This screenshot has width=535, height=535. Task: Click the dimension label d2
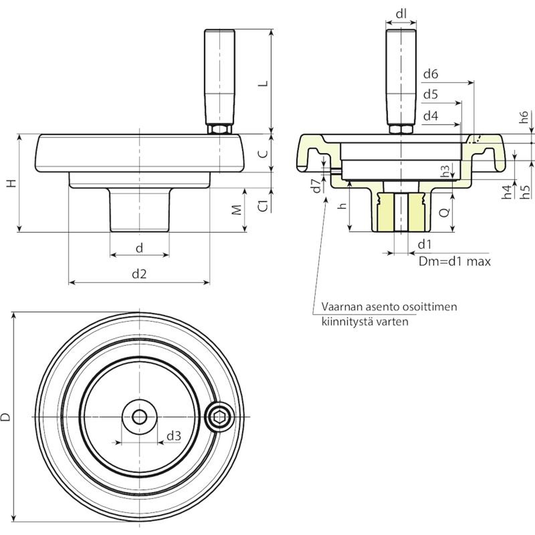(139, 274)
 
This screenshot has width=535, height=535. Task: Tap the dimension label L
(264, 83)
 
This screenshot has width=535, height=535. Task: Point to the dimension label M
(237, 210)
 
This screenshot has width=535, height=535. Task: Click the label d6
(430, 74)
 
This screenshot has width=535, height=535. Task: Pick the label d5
(430, 95)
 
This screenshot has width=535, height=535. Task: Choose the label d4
(430, 116)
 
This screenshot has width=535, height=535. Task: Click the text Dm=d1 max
(455, 261)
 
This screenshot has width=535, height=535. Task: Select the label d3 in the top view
(174, 436)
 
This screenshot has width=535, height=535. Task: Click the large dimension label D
(6, 417)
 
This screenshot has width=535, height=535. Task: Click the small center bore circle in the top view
(139, 417)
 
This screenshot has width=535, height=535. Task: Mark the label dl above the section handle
(401, 14)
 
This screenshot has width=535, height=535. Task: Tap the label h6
(524, 117)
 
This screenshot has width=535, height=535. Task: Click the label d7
(316, 186)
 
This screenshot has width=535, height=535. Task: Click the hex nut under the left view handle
(219, 129)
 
